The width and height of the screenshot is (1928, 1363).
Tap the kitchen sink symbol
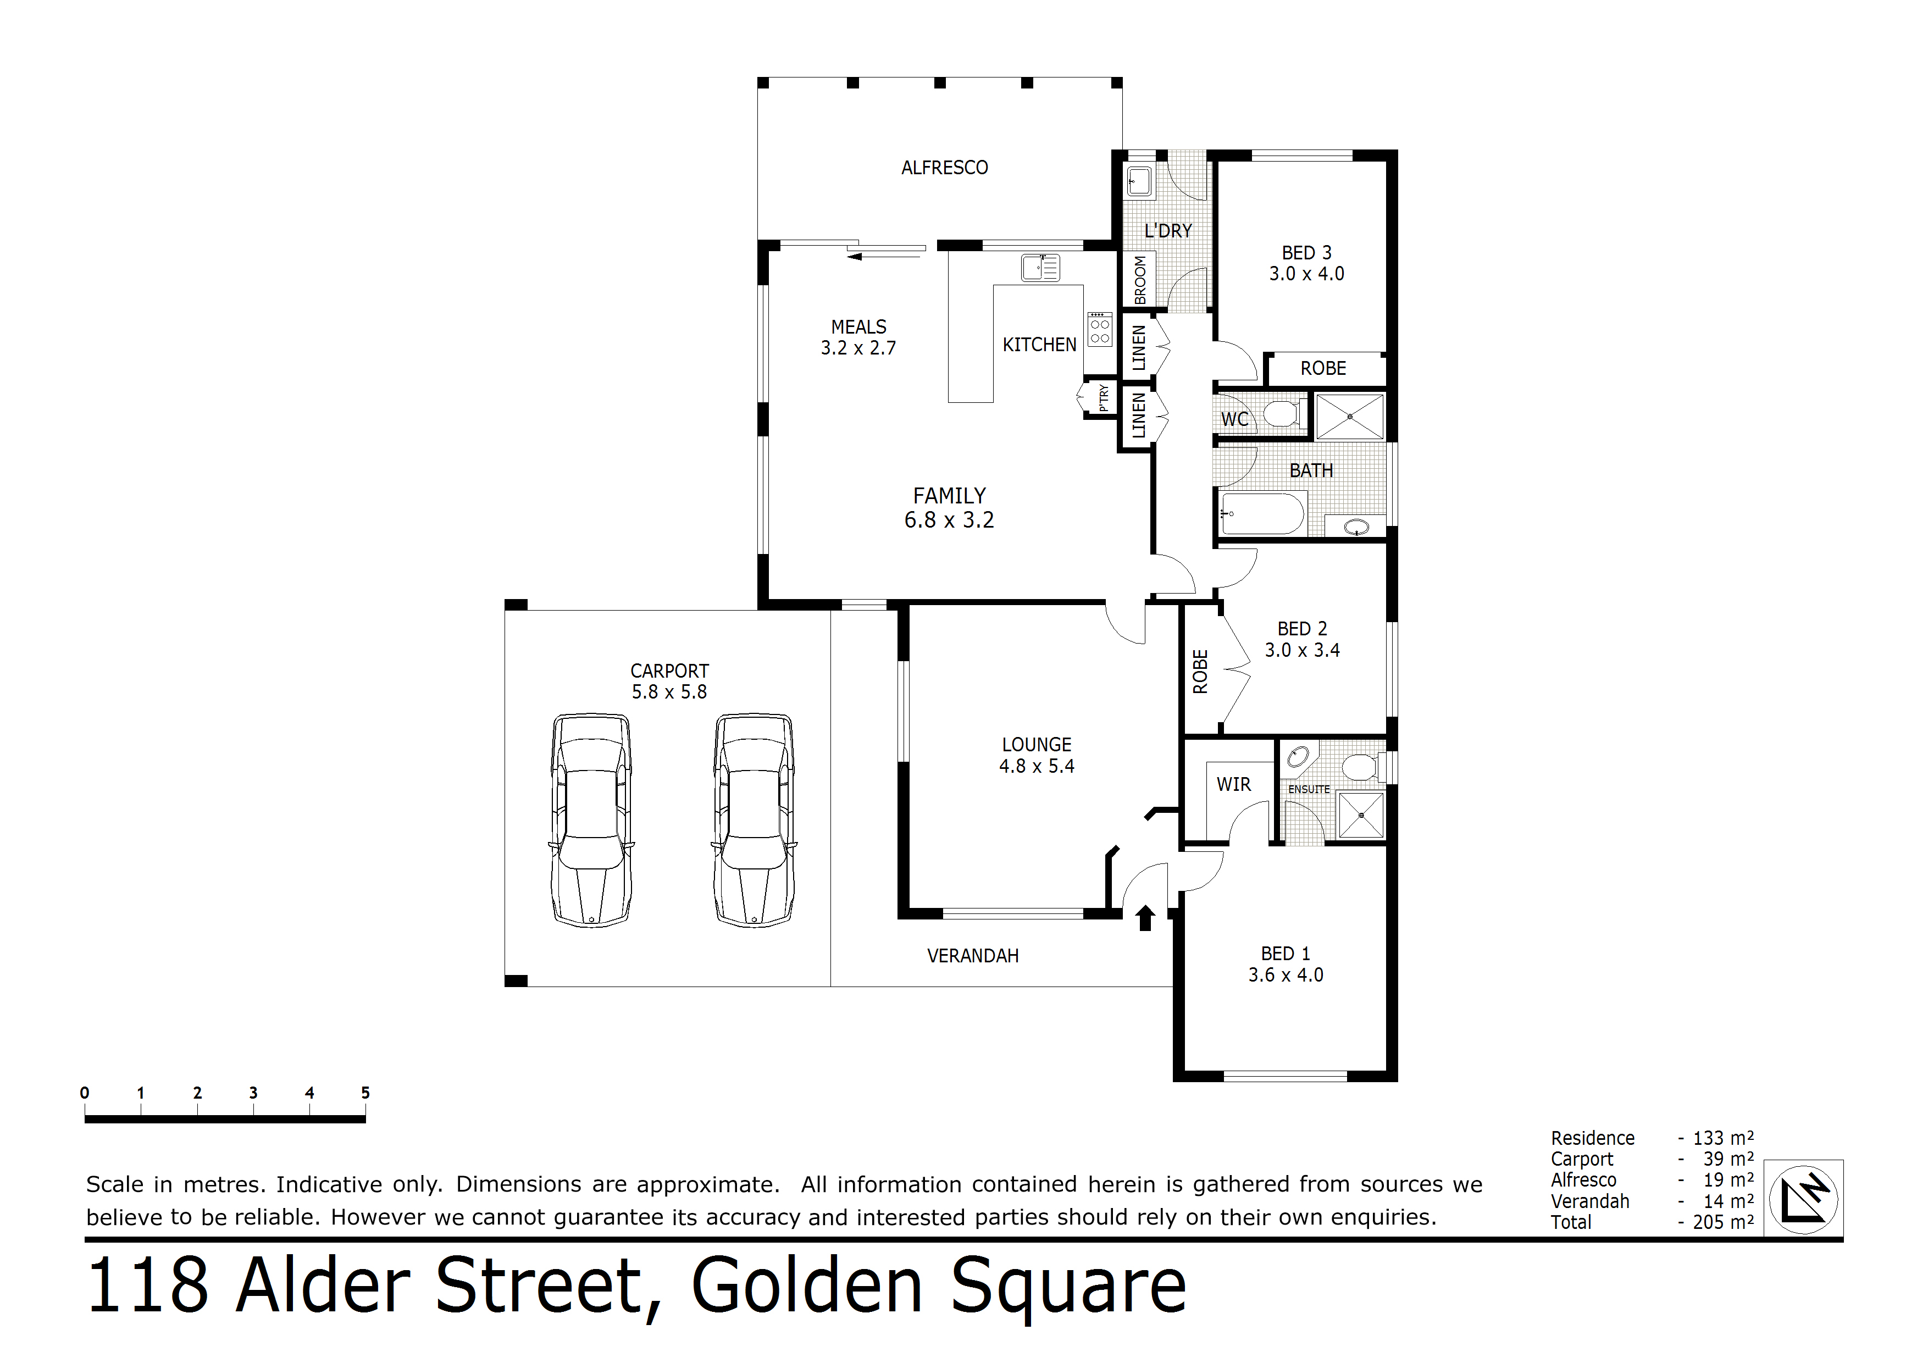[1040, 268]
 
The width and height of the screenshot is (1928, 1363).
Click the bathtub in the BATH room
[1262, 514]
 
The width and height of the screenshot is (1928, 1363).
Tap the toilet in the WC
[1282, 413]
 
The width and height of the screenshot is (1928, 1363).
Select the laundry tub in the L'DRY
[1139, 181]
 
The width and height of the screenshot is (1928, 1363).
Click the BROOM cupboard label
[1139, 280]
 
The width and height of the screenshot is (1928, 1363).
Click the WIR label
[1233, 784]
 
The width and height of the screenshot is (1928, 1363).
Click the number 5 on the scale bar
[365, 1093]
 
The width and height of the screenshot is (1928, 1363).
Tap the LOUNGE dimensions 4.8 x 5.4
[1036, 766]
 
